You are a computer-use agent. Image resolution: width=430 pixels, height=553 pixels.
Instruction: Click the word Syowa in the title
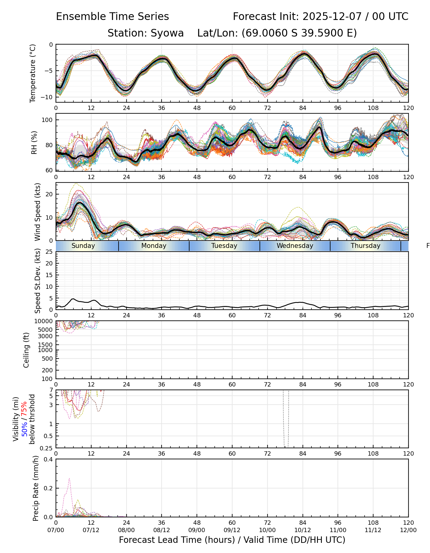pyautogui.click(x=167, y=33)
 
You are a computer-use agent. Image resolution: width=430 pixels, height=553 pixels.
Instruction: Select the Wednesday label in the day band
pyautogui.click(x=295, y=246)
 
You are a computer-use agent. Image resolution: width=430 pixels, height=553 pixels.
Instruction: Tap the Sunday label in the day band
pyautogui.click(x=83, y=246)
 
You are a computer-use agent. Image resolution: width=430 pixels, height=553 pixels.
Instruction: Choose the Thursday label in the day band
pyautogui.click(x=365, y=246)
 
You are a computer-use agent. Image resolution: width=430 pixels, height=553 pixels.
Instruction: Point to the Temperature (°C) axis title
pyautogui.click(x=33, y=73)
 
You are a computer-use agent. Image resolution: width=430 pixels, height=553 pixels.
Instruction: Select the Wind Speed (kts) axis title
pyautogui.click(x=37, y=212)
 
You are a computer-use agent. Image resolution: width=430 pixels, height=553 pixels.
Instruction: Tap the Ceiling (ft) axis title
pyautogui.click(x=26, y=350)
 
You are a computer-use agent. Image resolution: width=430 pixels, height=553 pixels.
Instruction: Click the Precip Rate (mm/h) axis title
pyautogui.click(x=36, y=488)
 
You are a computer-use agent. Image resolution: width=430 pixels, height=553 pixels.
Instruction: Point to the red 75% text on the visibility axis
pyautogui.click(x=24, y=408)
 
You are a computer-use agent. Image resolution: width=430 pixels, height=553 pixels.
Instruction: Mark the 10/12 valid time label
pyautogui.click(x=303, y=530)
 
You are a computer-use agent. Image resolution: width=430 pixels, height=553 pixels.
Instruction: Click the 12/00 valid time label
pyautogui.click(x=408, y=530)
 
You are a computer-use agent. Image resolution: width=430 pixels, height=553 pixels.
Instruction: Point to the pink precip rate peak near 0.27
pyautogui.click(x=69, y=478)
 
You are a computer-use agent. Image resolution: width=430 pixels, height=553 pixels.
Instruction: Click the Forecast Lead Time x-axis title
pyautogui.click(x=232, y=540)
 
